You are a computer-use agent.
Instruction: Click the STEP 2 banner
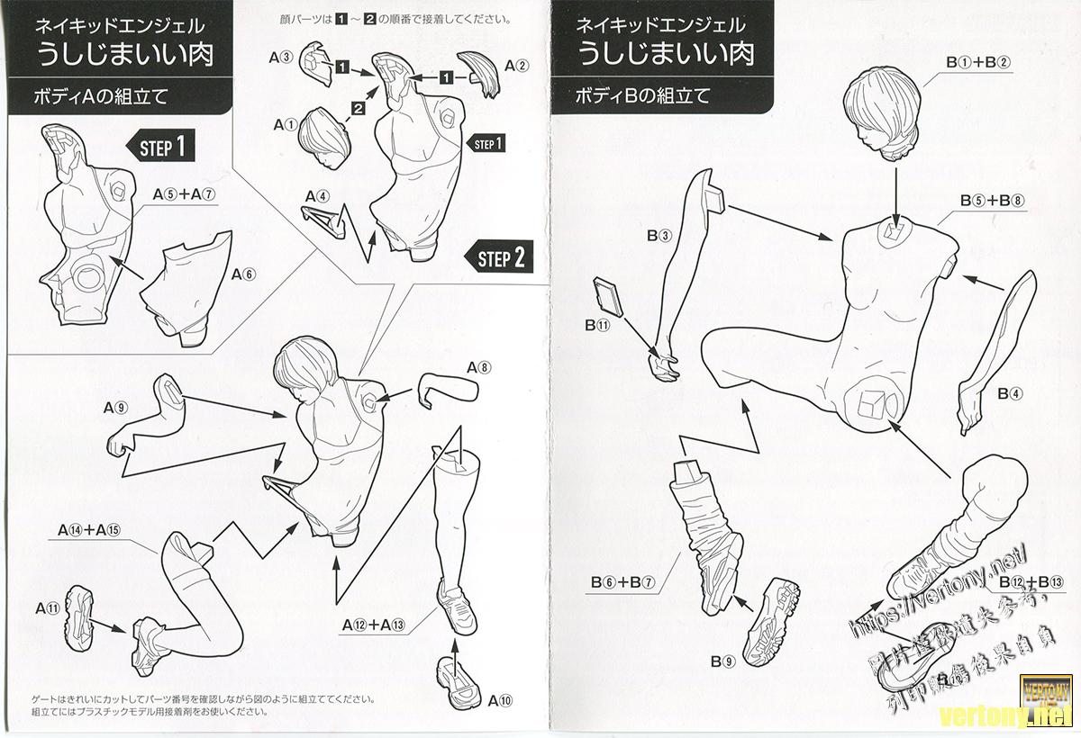tap(500, 258)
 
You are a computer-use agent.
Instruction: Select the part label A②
tap(516, 66)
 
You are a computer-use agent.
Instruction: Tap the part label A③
tap(281, 57)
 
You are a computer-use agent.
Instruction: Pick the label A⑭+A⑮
tap(88, 529)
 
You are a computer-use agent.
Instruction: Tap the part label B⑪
tap(597, 325)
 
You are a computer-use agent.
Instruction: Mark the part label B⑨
tap(722, 662)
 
